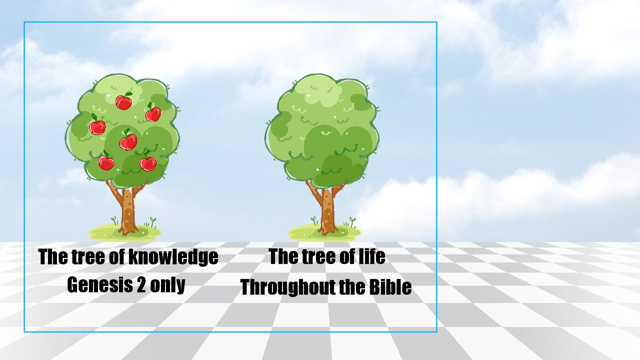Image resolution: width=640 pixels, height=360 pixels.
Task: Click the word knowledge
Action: coord(173,257)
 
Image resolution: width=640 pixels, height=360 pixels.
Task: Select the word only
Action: coord(168,285)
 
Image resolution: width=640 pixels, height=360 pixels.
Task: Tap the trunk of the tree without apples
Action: coord(327,210)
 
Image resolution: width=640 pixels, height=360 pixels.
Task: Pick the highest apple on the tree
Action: coord(124,102)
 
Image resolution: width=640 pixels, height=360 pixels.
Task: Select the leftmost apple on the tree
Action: coord(97,127)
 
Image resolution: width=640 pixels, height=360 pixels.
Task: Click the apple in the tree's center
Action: coord(128,142)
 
